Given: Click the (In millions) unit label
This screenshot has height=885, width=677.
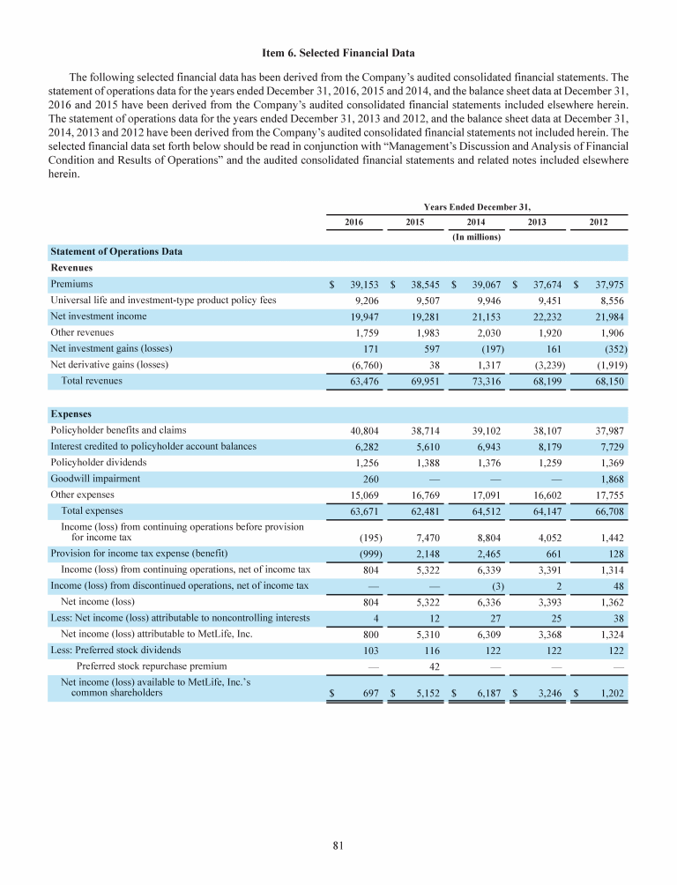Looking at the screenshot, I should pos(477,237).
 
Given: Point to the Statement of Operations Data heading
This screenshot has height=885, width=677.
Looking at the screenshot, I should pos(115,252).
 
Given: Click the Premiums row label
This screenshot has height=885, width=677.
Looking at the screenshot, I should pos(71,285).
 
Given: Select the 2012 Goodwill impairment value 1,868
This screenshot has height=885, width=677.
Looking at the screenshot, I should pos(610,480).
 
